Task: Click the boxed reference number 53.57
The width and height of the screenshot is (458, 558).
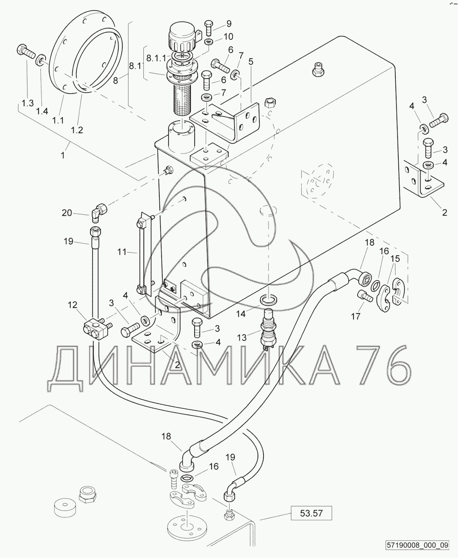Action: pos(311,513)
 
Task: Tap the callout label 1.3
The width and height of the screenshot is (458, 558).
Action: pos(27,103)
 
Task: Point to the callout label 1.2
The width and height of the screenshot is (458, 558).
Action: pos(77,130)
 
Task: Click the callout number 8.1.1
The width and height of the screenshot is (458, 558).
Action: pos(156,58)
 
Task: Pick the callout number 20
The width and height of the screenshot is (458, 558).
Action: pos(67,213)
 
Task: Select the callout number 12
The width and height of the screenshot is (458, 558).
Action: pos(72,305)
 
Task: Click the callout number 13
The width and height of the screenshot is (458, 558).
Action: pos(242,338)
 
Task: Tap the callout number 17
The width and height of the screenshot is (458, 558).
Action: pos(355,316)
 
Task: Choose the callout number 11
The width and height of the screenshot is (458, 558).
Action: pos(122,252)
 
